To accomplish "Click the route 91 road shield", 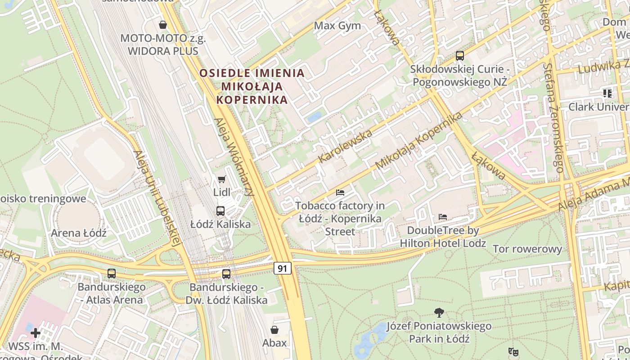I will coord(283,269).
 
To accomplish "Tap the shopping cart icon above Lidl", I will coord(221,180).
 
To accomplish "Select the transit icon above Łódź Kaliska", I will coord(220,211).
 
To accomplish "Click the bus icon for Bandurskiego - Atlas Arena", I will coord(111,273).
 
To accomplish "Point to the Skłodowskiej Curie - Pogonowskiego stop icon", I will coord(459,56).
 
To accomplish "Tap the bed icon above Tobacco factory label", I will coord(340,193).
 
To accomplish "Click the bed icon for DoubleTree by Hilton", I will coord(443,217).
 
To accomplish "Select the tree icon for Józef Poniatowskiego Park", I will coord(439,312).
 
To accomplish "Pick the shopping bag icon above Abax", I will coord(274,330).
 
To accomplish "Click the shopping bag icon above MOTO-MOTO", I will coord(163,25).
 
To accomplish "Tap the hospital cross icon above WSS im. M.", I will coord(36,333).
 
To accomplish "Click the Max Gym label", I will coord(337,26).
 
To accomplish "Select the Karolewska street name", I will coord(345,146).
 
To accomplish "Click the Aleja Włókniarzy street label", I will coord(234,157).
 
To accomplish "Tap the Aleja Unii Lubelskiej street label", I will coord(157,198).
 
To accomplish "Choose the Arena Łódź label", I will coord(79,233).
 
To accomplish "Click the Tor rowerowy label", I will coord(527,249).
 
